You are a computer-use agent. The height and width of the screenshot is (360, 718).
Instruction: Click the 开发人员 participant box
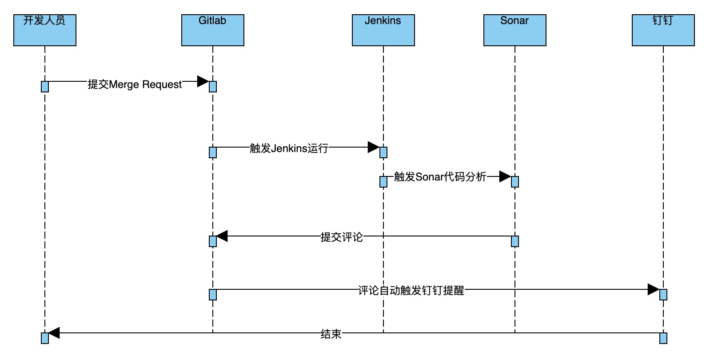[x=45, y=30]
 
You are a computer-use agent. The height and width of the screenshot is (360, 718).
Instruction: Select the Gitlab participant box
[x=213, y=30]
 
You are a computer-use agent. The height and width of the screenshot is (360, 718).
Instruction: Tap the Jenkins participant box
[x=383, y=30]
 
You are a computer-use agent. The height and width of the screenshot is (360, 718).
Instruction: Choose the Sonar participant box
[x=515, y=30]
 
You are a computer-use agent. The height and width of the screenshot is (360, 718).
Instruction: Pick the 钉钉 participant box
[x=663, y=30]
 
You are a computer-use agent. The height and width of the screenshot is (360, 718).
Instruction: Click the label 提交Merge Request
[x=135, y=84]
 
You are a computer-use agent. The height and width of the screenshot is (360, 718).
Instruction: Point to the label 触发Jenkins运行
[x=289, y=148]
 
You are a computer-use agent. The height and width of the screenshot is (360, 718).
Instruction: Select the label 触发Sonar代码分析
[x=440, y=177]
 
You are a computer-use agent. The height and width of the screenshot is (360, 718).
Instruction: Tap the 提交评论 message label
[x=341, y=237]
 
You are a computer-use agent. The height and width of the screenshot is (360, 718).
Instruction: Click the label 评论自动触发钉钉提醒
[x=411, y=290]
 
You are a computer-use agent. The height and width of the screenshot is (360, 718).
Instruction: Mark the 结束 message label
[x=331, y=334]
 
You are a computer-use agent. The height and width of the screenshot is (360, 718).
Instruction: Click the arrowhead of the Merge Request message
[x=203, y=81]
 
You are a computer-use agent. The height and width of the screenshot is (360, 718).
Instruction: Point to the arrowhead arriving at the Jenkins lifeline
[x=374, y=147]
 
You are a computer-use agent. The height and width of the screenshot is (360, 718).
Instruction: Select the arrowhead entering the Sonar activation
[x=505, y=176]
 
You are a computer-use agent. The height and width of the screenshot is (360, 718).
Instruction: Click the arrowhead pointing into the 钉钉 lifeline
[x=653, y=289]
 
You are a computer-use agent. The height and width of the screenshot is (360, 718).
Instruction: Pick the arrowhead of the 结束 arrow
[x=54, y=333]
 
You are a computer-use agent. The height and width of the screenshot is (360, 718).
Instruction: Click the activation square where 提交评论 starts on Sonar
[x=515, y=241]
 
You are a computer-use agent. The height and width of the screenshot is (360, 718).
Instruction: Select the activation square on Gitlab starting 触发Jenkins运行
[x=213, y=152]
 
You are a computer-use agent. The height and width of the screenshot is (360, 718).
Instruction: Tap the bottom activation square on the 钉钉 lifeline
[x=663, y=338]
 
